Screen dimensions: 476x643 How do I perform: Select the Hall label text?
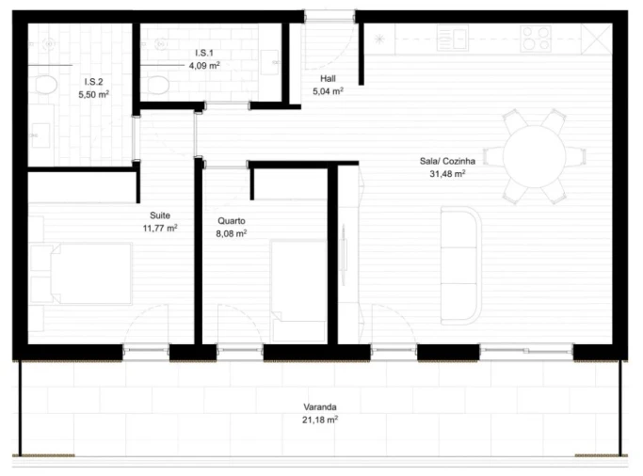click(328, 79)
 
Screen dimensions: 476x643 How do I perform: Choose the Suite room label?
click(160, 215)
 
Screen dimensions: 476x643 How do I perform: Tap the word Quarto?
click(231, 222)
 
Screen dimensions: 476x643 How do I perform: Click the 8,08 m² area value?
click(231, 234)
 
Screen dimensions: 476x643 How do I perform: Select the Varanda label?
click(320, 407)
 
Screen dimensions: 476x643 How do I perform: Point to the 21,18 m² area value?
click(320, 420)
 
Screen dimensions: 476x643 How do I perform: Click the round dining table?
click(533, 156)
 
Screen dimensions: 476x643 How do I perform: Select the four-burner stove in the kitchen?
click(536, 38)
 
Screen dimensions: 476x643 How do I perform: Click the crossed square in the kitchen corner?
click(594, 38)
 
